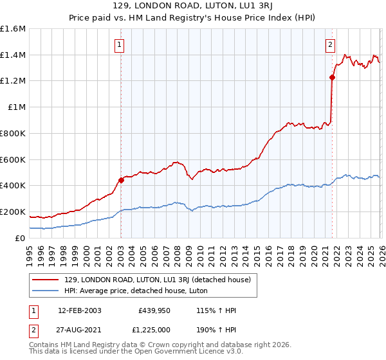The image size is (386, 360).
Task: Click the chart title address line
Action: coord(193,6)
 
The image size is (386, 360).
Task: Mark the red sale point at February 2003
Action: coord(121,180)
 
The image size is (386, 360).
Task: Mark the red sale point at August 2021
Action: coord(333,78)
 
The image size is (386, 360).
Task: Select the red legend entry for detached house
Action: coord(161,279)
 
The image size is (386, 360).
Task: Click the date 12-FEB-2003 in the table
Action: coord(79,310)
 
